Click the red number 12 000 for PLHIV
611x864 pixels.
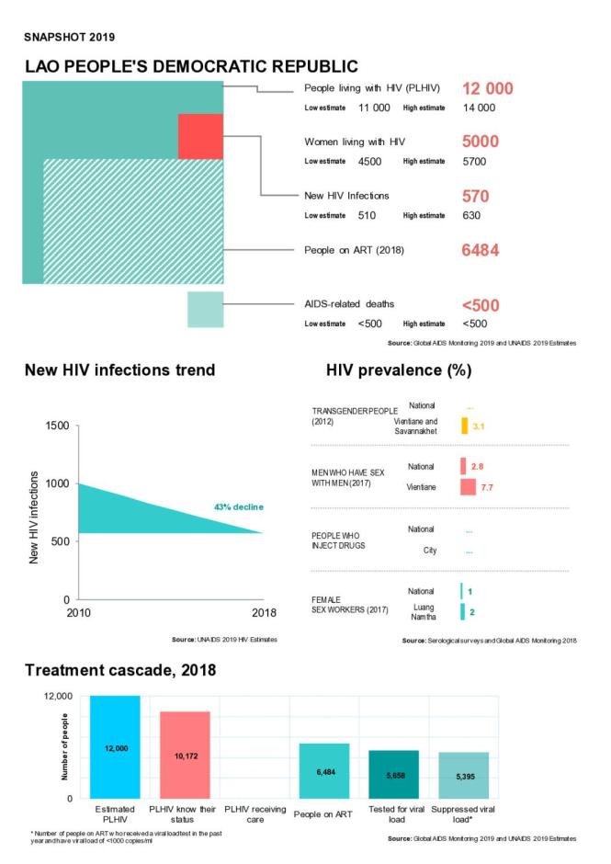pyautogui.click(x=487, y=88)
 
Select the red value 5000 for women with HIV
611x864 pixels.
pyautogui.click(x=481, y=142)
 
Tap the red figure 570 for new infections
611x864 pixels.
pyautogui.click(x=475, y=196)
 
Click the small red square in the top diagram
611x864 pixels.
pyautogui.click(x=200, y=136)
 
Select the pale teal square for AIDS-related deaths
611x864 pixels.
pyautogui.click(x=205, y=309)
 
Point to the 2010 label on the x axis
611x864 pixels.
pyautogui.click(x=78, y=614)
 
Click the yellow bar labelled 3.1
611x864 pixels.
pyautogui.click(x=465, y=426)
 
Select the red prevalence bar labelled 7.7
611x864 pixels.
pyautogui.click(x=468, y=486)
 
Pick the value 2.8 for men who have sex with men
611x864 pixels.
pyautogui.click(x=477, y=467)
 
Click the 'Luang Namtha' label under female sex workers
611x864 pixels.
pyautogui.click(x=423, y=611)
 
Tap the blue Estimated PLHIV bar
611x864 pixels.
pyautogui.click(x=116, y=747)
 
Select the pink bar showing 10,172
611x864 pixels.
pyautogui.click(x=186, y=755)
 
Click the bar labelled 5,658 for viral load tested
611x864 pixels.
pyautogui.click(x=393, y=775)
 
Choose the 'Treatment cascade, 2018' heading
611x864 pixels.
pyautogui.click(x=120, y=670)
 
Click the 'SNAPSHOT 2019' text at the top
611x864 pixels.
pyautogui.click(x=70, y=38)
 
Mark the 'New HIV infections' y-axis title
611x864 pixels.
pyautogui.click(x=35, y=517)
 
